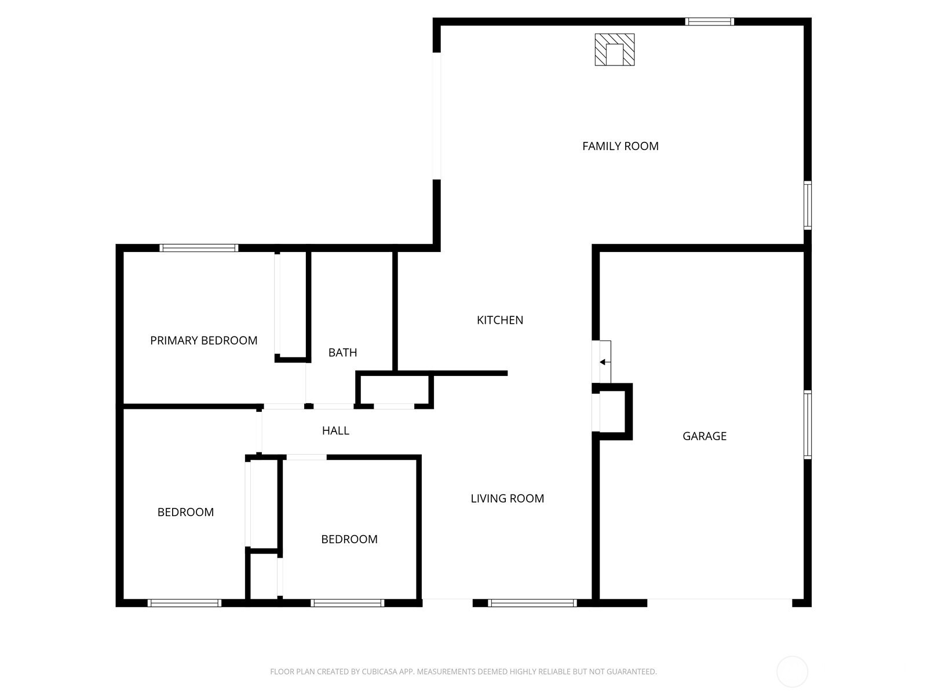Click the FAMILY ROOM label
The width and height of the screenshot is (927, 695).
pos(620,146)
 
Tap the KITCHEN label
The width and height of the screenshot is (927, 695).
pos(499,320)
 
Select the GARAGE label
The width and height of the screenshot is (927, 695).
pos(704,436)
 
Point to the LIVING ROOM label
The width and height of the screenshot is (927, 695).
pos(507,499)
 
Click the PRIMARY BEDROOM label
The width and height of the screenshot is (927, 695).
pos(203,341)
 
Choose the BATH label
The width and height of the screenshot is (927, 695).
pos(342,353)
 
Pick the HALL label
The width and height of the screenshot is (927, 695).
pos(335,431)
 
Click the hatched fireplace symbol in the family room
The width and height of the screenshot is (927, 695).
pos(614,49)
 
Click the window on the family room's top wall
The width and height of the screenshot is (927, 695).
pos(709,21)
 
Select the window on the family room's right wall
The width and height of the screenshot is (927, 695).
pos(807,206)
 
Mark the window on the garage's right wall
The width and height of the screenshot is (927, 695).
pos(807,425)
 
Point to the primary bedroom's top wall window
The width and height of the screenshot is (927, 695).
pos(199,248)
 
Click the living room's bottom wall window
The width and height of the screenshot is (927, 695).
pos(532,603)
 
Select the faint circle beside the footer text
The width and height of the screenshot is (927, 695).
pos(792,672)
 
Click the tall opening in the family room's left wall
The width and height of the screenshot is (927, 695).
pos(437,116)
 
